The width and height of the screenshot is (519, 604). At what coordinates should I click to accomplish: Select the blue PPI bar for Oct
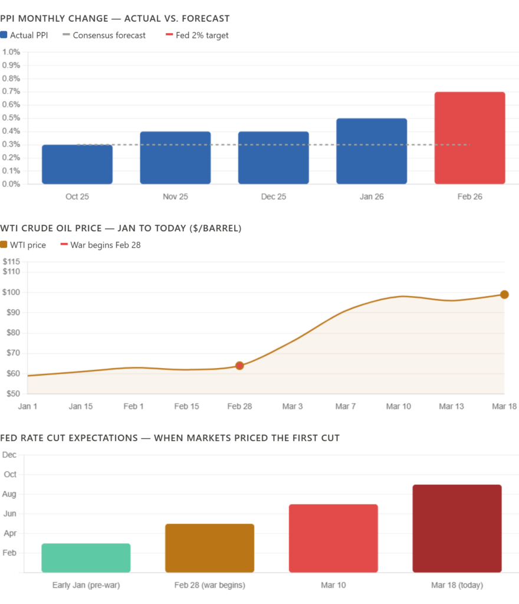[77, 164]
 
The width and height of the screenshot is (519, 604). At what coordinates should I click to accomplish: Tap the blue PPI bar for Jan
[372, 151]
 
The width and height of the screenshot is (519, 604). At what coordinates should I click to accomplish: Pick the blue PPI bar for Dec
[274, 157]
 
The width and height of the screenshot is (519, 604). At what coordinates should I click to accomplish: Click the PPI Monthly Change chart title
[115, 19]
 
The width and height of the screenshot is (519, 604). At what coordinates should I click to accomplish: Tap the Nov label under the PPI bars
[175, 196]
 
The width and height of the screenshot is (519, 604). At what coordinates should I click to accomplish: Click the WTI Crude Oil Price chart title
[121, 228]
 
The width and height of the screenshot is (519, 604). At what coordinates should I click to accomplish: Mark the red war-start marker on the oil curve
[239, 365]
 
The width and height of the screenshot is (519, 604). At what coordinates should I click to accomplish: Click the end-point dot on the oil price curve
[505, 294]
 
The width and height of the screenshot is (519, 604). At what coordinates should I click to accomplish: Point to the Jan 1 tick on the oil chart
[28, 406]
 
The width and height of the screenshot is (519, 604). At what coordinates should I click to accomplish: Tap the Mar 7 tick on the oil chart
[346, 406]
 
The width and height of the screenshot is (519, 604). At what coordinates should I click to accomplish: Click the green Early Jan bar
[86, 557]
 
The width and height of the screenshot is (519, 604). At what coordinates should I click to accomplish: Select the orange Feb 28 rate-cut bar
[209, 547]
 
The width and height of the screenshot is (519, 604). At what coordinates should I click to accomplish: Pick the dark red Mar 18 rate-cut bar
[457, 528]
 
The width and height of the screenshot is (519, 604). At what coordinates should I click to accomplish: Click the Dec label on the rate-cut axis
[9, 455]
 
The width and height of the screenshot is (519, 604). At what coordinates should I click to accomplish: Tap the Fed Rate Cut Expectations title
[170, 438]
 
